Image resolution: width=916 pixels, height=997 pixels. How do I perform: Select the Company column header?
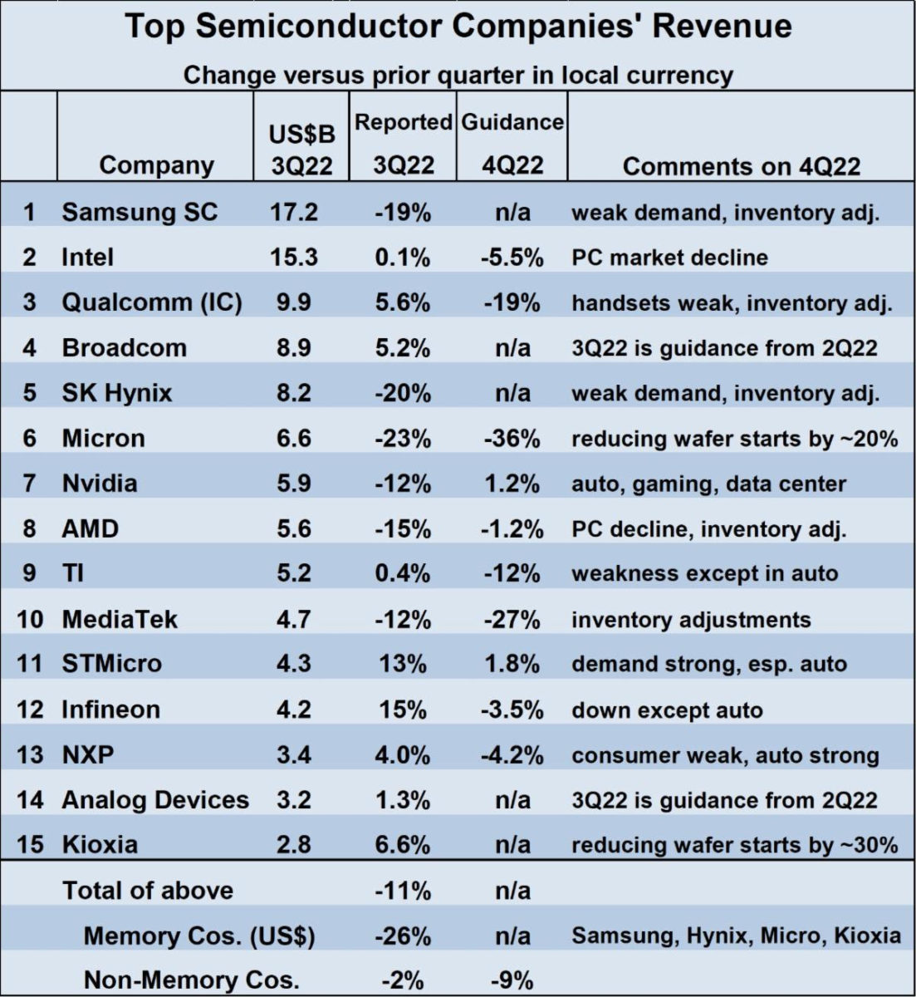[x=156, y=165]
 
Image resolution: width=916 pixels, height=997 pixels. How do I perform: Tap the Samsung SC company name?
[x=139, y=212]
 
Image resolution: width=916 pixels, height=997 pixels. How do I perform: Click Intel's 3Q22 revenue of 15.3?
[x=293, y=258]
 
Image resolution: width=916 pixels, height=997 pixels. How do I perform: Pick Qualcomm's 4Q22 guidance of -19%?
[x=512, y=302]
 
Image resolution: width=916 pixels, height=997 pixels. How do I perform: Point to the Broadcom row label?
[x=124, y=347]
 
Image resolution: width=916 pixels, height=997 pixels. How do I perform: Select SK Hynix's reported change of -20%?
[x=402, y=392]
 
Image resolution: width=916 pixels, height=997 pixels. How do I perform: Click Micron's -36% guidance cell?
[x=512, y=438]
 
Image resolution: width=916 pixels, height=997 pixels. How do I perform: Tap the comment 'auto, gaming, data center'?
[x=708, y=484]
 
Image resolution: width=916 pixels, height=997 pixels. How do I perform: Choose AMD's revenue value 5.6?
[x=293, y=528]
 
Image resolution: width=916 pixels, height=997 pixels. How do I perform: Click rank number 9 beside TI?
[x=29, y=573]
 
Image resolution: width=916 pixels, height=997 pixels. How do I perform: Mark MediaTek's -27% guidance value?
[x=512, y=619]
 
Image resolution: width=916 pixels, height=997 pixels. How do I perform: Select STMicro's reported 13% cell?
[x=402, y=664]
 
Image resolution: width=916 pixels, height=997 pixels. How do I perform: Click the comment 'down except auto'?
[x=667, y=710]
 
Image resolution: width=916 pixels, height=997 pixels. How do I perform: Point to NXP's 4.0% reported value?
[x=402, y=755]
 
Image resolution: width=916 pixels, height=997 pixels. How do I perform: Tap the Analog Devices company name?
[x=155, y=799]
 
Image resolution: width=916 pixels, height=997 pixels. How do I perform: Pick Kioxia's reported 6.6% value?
[x=402, y=844]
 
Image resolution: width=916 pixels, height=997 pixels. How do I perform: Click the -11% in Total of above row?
[x=402, y=891]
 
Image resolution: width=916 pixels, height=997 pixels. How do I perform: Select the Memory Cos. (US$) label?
[x=199, y=936]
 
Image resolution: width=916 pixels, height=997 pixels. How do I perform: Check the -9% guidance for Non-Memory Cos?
[x=512, y=980]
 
